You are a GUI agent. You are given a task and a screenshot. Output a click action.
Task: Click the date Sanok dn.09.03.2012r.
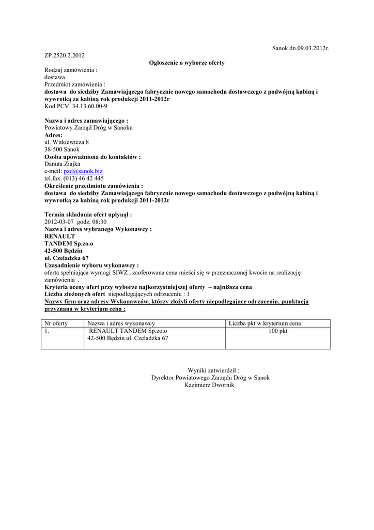point(300,48)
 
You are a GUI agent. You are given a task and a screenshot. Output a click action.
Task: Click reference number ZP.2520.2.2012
point(65,55)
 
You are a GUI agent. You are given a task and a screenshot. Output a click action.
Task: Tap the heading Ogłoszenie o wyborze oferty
point(186,63)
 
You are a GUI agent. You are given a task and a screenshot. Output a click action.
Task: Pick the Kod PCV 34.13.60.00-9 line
point(76,106)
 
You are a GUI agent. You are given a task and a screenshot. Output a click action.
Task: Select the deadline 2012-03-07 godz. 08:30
point(75,222)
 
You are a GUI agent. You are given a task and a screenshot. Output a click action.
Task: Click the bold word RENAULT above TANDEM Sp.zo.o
point(60,236)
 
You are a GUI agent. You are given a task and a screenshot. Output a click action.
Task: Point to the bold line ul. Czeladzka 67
point(67,258)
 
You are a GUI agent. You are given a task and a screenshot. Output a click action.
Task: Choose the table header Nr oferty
point(57,323)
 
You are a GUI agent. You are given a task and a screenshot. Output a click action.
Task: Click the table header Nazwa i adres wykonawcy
point(121,323)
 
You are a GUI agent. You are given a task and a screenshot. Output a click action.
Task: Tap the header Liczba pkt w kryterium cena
point(264,323)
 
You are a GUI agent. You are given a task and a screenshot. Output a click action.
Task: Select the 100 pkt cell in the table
point(277,331)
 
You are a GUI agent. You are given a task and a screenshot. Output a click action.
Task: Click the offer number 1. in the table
point(47,331)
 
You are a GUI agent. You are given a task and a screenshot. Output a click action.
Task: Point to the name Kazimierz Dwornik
point(209,385)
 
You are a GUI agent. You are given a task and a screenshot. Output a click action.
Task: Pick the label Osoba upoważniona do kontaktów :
point(92,156)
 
